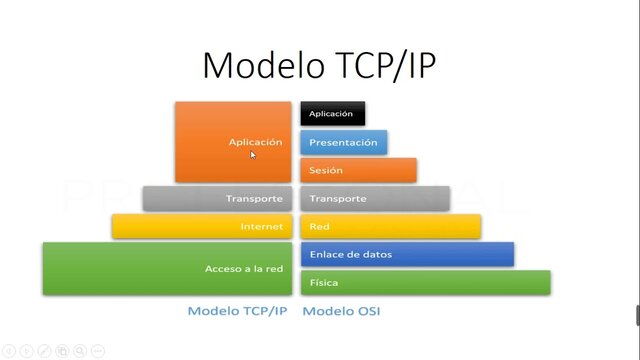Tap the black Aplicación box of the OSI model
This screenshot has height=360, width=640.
332,114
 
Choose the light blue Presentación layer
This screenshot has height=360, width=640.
343,142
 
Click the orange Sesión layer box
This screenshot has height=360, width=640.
358,170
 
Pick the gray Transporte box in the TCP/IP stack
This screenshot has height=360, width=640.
219,198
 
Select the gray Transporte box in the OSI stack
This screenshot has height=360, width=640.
374,198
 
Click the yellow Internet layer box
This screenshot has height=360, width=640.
204,226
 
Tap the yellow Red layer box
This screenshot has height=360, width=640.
390,226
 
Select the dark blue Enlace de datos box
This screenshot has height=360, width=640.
407,254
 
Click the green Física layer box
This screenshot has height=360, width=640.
425,282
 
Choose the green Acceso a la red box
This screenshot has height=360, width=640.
169,268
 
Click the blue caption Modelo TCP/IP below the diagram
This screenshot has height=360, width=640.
237,311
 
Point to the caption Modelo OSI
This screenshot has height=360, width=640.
341,311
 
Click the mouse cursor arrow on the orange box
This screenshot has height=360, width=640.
253,154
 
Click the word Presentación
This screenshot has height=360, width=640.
343,142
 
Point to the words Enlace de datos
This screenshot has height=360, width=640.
350,254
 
